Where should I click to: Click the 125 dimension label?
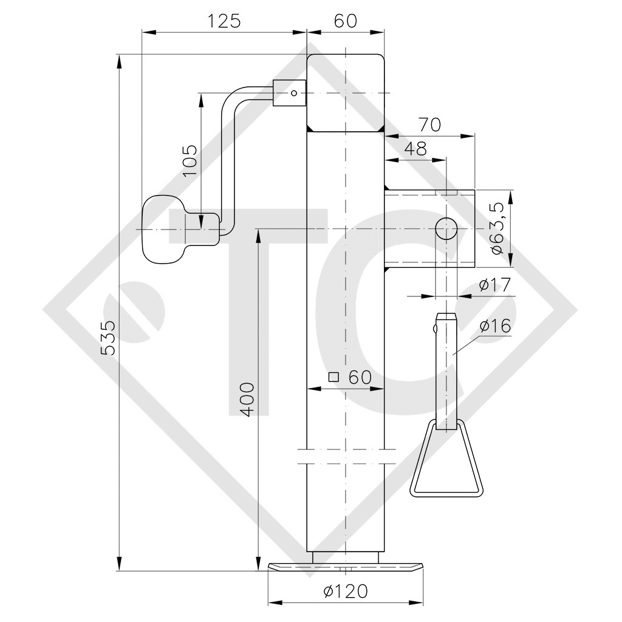point(224,21)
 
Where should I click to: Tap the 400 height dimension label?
point(247,400)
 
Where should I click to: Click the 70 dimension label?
point(429,125)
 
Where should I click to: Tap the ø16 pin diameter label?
point(496,326)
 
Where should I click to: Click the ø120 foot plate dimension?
point(345,590)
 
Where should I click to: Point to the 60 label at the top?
point(345,21)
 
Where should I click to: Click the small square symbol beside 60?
point(333,377)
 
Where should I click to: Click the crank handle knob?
point(161,230)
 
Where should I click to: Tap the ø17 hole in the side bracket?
point(446,229)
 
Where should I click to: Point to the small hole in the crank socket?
point(293,93)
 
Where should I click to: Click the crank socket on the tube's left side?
point(290,93)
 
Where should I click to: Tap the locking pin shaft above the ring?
point(446,364)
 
